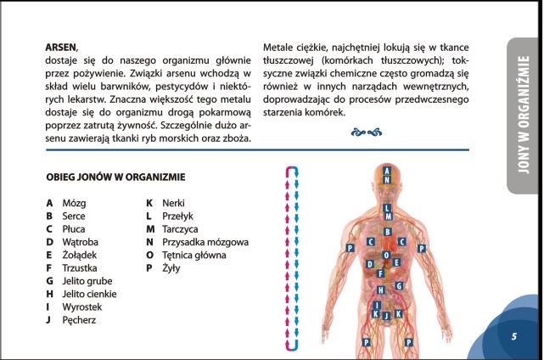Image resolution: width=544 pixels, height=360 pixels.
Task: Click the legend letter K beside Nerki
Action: [149, 204]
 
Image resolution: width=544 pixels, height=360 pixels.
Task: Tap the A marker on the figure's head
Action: [387, 170]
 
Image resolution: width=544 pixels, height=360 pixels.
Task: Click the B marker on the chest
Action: [387, 231]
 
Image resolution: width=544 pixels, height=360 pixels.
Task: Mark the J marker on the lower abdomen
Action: [387, 316]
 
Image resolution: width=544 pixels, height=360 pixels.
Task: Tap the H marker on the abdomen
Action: [380, 290]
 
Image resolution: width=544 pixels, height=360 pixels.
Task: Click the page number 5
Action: [513, 336]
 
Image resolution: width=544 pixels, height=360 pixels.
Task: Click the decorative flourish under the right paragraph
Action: [365, 132]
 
